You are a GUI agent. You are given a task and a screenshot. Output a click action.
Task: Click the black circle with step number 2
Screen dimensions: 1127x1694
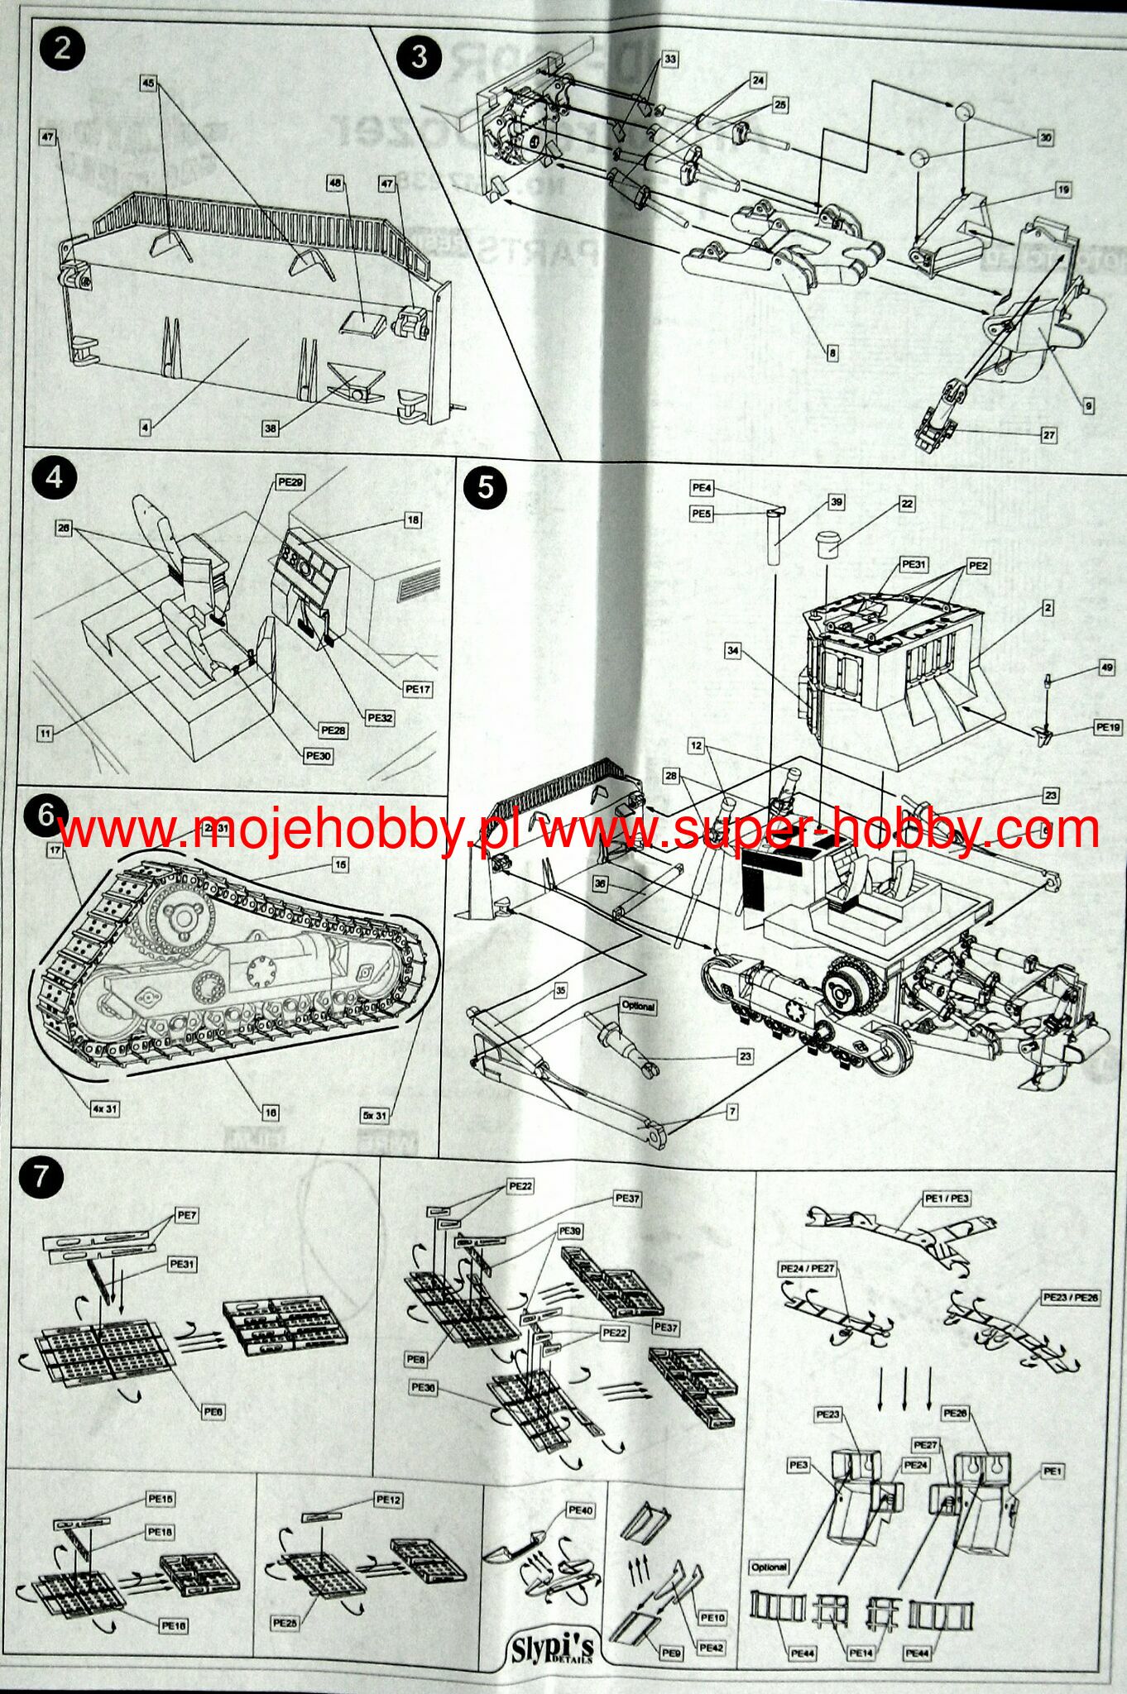click(x=61, y=49)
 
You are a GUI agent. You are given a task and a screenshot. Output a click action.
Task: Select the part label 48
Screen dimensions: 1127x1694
click(x=335, y=184)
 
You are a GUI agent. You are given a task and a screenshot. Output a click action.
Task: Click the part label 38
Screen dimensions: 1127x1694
click(x=271, y=428)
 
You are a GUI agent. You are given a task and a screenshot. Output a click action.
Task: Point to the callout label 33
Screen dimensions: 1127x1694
click(x=669, y=60)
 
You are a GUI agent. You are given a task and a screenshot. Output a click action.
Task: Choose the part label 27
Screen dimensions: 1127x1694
click(x=1048, y=434)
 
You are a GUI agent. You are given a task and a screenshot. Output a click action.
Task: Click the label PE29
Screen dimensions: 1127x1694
click(x=290, y=482)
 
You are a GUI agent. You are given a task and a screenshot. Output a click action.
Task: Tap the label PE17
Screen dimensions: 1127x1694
click(x=418, y=688)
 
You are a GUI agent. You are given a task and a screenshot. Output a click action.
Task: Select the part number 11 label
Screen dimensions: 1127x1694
click(x=45, y=733)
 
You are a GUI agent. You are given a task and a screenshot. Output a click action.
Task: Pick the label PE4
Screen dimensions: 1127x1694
click(x=701, y=488)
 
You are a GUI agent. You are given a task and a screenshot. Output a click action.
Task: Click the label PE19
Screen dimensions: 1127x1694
click(x=1108, y=727)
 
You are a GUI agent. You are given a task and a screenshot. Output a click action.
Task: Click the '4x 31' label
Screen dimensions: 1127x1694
click(x=105, y=1108)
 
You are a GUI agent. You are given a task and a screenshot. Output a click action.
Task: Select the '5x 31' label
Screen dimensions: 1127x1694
click(x=374, y=1115)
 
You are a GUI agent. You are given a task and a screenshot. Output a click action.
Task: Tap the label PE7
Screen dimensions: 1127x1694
click(x=186, y=1215)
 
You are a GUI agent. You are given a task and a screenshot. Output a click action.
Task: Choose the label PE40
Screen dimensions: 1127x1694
click(x=581, y=1510)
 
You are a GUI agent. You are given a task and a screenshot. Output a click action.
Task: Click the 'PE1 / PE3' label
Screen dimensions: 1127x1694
click(x=947, y=1199)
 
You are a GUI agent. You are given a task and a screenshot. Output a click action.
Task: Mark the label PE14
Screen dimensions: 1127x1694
click(x=861, y=1653)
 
